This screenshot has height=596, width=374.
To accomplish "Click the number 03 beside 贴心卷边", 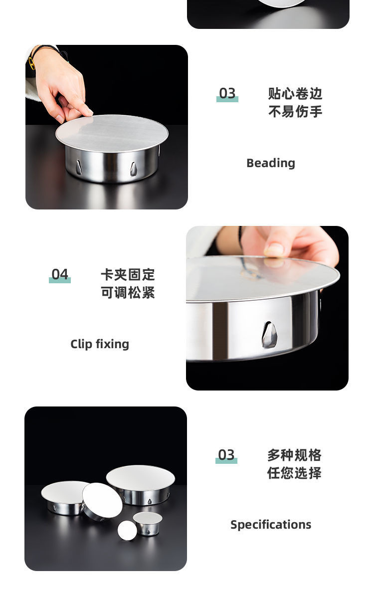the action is click(227, 93).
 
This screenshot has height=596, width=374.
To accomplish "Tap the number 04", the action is click(60, 274).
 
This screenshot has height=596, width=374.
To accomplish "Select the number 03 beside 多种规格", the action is click(226, 454).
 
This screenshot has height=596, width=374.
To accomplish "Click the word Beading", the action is click(271, 163).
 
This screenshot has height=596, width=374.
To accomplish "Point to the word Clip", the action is click(81, 344).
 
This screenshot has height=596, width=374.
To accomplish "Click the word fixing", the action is click(113, 344).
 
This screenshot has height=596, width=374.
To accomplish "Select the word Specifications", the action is click(271, 525).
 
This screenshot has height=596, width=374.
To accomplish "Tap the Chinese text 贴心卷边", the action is click(295, 93).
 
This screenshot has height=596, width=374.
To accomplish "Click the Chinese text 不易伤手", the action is click(295, 111).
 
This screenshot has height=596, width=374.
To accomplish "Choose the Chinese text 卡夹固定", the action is click(128, 274).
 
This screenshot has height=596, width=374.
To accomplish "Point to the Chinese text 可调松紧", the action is click(128, 292).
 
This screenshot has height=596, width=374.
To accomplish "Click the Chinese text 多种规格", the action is click(294, 455).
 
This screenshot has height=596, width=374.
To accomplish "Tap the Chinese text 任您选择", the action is click(294, 473).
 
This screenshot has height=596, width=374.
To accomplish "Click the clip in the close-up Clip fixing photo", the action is click(269, 335).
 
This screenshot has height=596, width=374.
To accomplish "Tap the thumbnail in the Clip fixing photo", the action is click(274, 250).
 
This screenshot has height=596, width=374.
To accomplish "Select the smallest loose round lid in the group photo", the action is click(127, 530).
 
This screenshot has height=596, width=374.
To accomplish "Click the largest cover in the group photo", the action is click(140, 485).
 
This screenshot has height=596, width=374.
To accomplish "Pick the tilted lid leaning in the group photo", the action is click(102, 501).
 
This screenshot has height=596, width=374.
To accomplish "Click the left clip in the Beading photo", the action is click(79, 167).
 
